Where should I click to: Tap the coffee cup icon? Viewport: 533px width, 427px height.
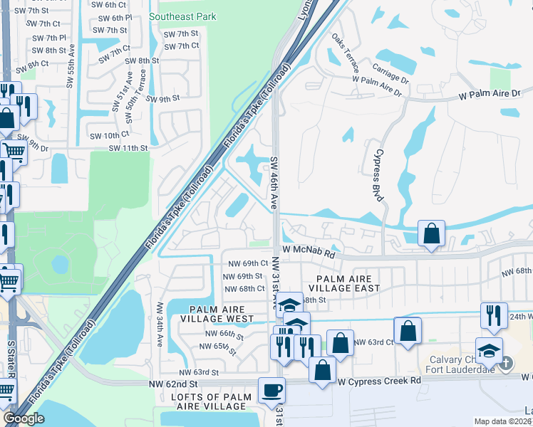pyautogui.click(x=271, y=390)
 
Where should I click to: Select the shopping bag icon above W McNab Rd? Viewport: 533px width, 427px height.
pyautogui.click(x=431, y=233)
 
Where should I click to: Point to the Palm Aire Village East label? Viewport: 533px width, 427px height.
pyautogui.click(x=339, y=283)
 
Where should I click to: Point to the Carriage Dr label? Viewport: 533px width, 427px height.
pyautogui.click(x=390, y=73)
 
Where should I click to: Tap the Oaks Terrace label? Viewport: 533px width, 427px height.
pyautogui.click(x=345, y=53)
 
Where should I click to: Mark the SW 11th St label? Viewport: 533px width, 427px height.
pyautogui.click(x=128, y=148)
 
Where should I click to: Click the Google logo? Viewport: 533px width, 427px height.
pyautogui.click(x=24, y=418)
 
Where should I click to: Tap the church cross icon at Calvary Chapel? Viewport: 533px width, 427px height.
pyautogui.click(x=505, y=364)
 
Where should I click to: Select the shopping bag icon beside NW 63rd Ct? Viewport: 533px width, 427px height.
pyautogui.click(x=407, y=330)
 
